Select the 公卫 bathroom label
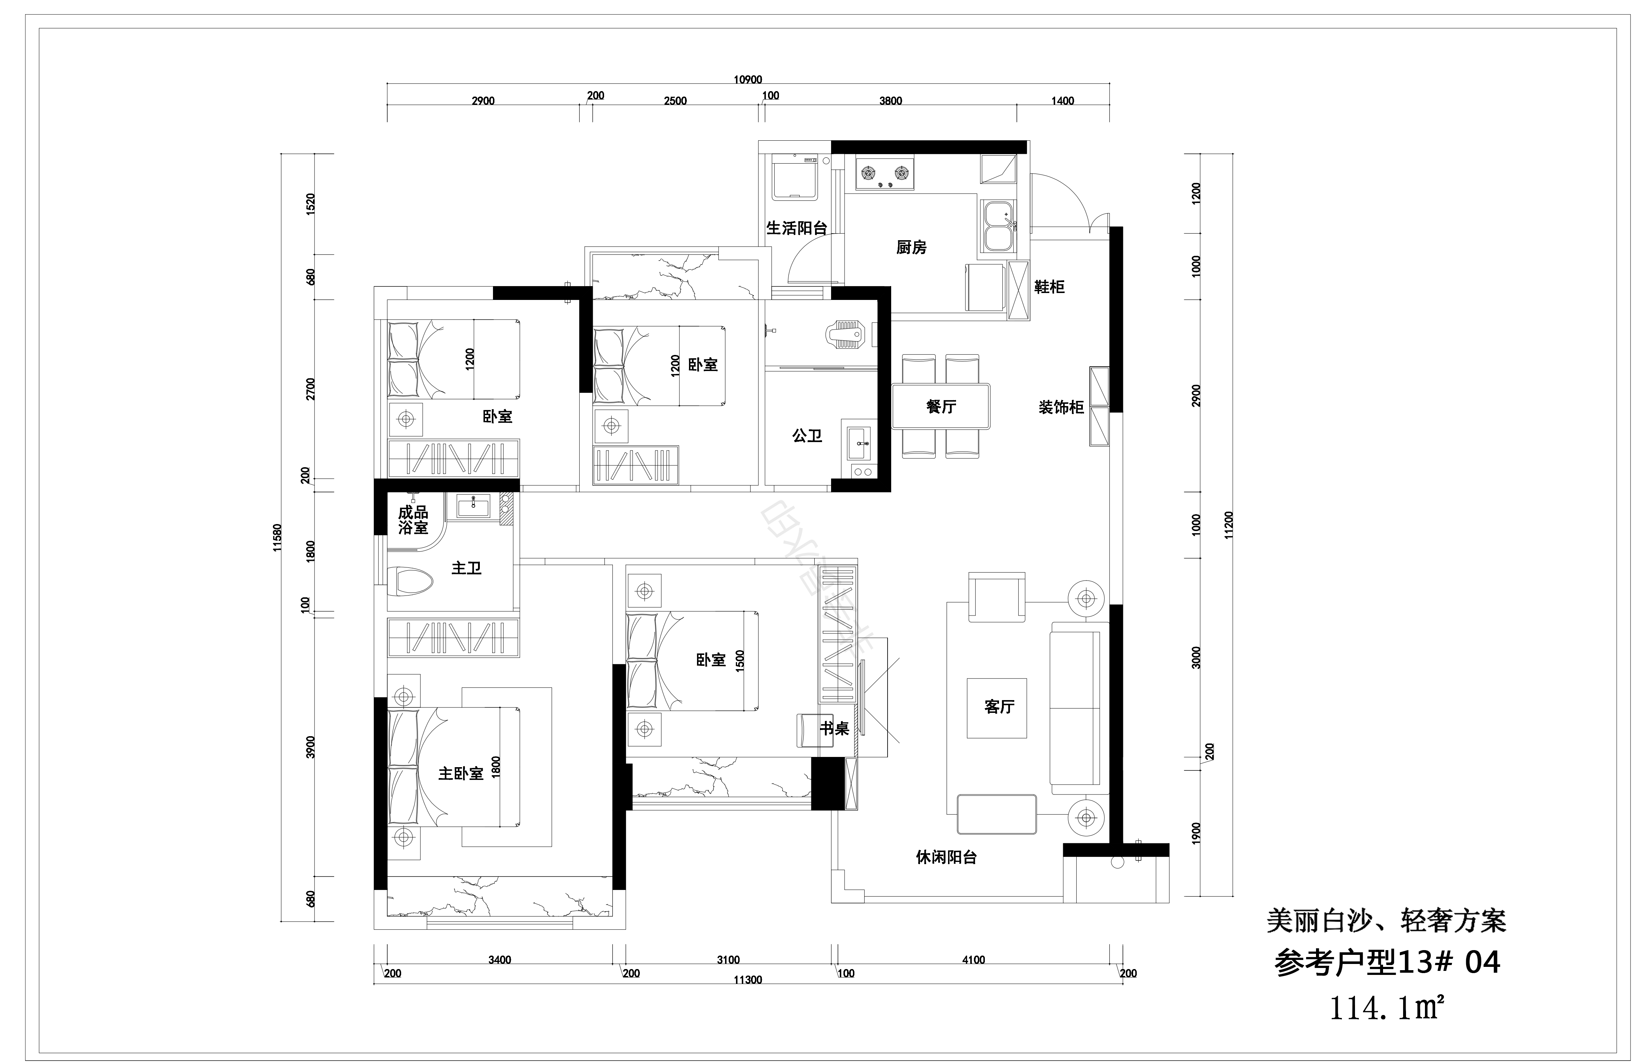tap(807, 436)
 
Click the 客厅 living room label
tap(999, 706)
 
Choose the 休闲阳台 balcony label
tap(946, 858)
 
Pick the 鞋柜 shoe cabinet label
tap(1049, 287)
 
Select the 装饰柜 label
tap(1061, 408)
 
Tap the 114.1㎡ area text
tap(1385, 1008)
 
